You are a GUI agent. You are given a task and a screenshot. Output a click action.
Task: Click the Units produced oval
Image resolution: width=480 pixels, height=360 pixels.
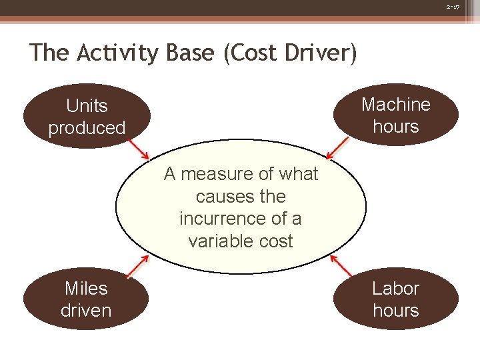click(x=87, y=117)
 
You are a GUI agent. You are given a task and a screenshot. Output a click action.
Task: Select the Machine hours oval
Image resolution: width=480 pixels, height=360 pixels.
click(x=396, y=115)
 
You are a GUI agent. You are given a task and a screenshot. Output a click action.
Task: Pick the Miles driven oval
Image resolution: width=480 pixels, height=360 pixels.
click(x=86, y=299)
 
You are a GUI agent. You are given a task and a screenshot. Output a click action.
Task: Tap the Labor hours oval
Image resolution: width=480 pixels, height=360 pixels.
click(x=396, y=299)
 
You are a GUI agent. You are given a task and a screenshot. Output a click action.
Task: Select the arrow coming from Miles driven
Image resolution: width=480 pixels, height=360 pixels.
click(x=137, y=267)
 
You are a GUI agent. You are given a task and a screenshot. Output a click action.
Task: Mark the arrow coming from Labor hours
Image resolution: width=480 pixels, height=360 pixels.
click(x=341, y=266)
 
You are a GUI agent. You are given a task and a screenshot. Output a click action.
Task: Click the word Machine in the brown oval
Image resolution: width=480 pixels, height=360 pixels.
click(x=396, y=105)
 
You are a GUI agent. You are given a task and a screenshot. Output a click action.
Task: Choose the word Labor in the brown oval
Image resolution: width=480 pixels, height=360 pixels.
click(x=396, y=289)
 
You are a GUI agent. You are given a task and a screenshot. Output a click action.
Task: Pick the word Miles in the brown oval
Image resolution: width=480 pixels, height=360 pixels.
click(x=86, y=289)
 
